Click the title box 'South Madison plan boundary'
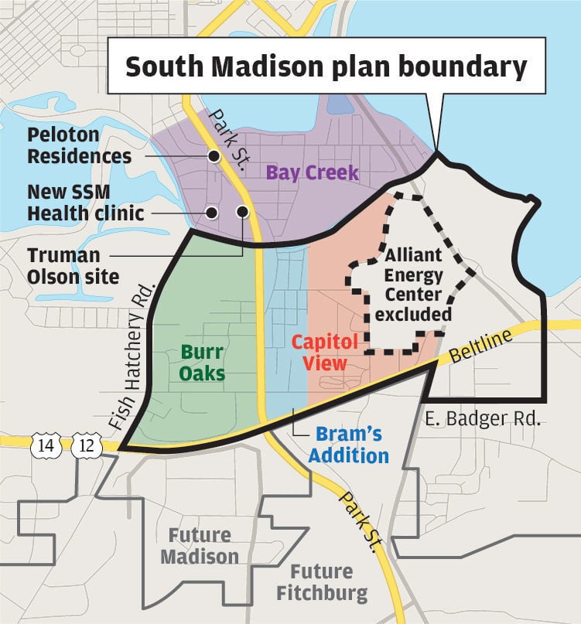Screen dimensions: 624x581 (326, 67)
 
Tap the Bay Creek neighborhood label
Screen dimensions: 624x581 (313, 172)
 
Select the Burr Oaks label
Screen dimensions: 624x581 (203, 363)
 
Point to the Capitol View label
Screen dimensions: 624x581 (324, 352)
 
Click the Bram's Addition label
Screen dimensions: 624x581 (348, 445)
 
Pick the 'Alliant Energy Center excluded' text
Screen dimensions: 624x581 (414, 285)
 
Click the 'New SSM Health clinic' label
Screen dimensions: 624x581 (85, 201)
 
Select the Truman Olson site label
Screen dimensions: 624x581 (73, 265)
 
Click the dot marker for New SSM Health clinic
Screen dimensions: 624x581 (211, 212)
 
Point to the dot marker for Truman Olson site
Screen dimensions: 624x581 (242, 211)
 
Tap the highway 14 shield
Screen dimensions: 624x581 (43, 445)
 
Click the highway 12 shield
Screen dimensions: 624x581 (83, 445)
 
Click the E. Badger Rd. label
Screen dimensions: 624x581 (481, 420)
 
